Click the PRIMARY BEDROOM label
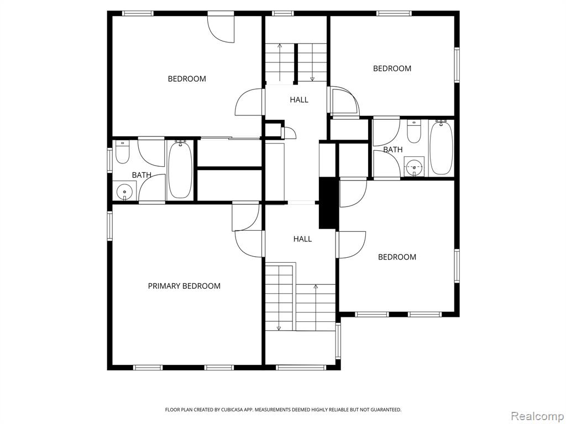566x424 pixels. pyautogui.click(x=184, y=286)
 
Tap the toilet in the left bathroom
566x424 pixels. pyautogui.click(x=122, y=152)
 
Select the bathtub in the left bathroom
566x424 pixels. pyautogui.click(x=180, y=169)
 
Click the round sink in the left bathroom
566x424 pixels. pyautogui.click(x=124, y=192)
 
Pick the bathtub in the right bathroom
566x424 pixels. pyautogui.click(x=441, y=148)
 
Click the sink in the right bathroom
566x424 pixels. pyautogui.click(x=414, y=167)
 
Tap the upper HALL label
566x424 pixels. pyautogui.click(x=299, y=99)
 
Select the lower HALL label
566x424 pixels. pyautogui.click(x=302, y=239)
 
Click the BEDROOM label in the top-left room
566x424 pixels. pyautogui.click(x=187, y=78)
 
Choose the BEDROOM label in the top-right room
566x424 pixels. pyautogui.click(x=392, y=68)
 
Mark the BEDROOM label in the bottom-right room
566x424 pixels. pyautogui.click(x=397, y=257)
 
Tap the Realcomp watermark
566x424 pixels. pyautogui.click(x=537, y=416)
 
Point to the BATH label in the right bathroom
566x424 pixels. pyautogui.click(x=393, y=150)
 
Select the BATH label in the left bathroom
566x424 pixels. pyautogui.click(x=141, y=175)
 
